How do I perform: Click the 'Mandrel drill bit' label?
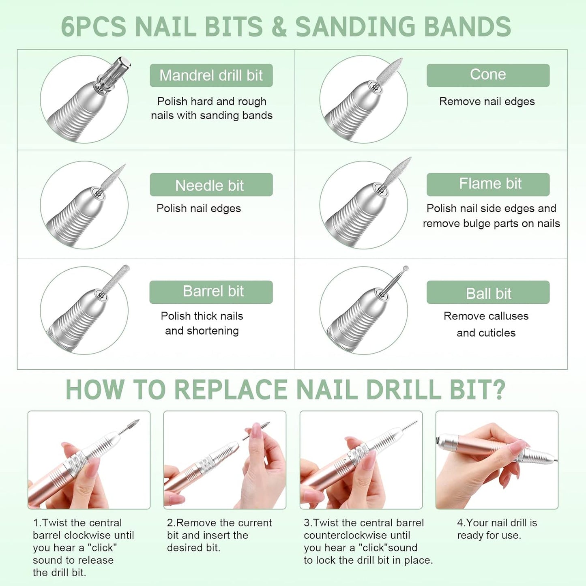point(211,75)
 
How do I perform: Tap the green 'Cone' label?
point(488,75)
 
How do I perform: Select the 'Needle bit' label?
point(211,185)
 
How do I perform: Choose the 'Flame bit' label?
point(488,184)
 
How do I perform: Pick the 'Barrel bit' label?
point(211,292)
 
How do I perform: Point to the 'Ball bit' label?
point(488,292)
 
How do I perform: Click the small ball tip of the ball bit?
point(406,268)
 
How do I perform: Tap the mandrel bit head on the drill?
point(116,73)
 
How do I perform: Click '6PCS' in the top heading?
point(93,26)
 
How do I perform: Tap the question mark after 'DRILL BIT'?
point(498,390)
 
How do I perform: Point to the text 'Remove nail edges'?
point(487,101)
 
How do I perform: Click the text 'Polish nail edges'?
point(199,208)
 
